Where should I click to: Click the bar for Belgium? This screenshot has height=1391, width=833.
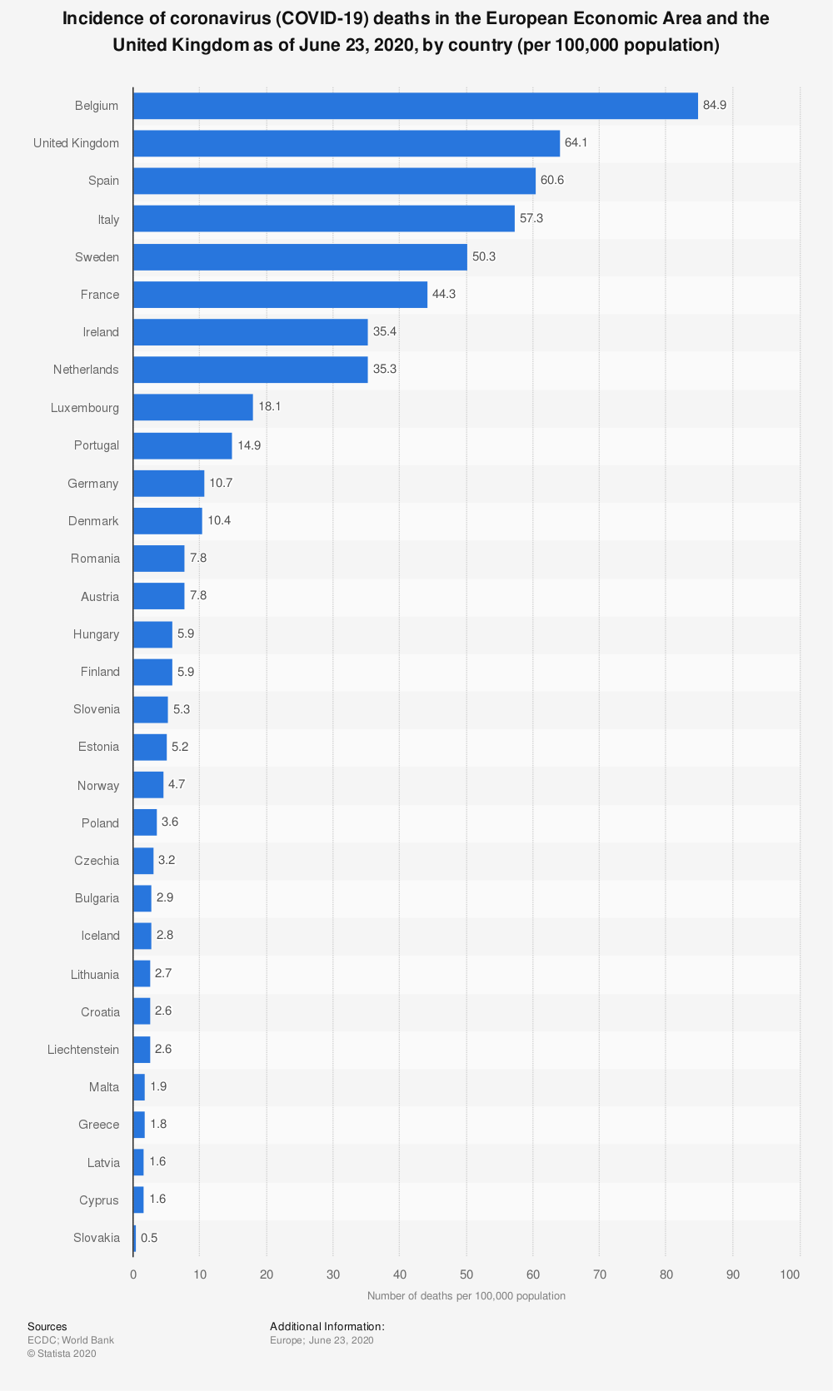(415, 106)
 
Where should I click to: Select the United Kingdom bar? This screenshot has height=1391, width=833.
(346, 143)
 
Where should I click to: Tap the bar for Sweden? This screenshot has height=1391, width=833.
(300, 257)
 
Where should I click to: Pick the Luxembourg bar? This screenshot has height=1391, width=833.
(192, 408)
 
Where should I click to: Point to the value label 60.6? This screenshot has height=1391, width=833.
(552, 181)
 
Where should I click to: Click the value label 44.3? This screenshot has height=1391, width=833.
(444, 295)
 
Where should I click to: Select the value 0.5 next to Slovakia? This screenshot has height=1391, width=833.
(149, 1238)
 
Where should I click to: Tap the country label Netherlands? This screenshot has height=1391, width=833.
(86, 370)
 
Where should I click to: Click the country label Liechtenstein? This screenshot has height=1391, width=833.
(83, 1050)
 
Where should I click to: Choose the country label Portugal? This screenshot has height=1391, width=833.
(97, 445)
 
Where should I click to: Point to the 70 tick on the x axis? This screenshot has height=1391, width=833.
(600, 1274)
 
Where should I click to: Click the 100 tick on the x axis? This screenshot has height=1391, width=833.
(791, 1274)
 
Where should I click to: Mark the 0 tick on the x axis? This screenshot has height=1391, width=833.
(133, 1274)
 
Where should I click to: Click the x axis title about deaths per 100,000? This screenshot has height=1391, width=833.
(466, 1295)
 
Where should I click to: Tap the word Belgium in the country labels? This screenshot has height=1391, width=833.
(97, 106)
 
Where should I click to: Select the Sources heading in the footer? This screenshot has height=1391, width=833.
(47, 1327)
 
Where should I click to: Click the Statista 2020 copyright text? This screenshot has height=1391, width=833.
(62, 1354)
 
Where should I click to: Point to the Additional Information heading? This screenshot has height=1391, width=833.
(327, 1327)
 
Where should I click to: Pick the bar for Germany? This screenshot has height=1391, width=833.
(168, 484)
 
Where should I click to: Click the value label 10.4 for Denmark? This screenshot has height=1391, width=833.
(219, 521)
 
